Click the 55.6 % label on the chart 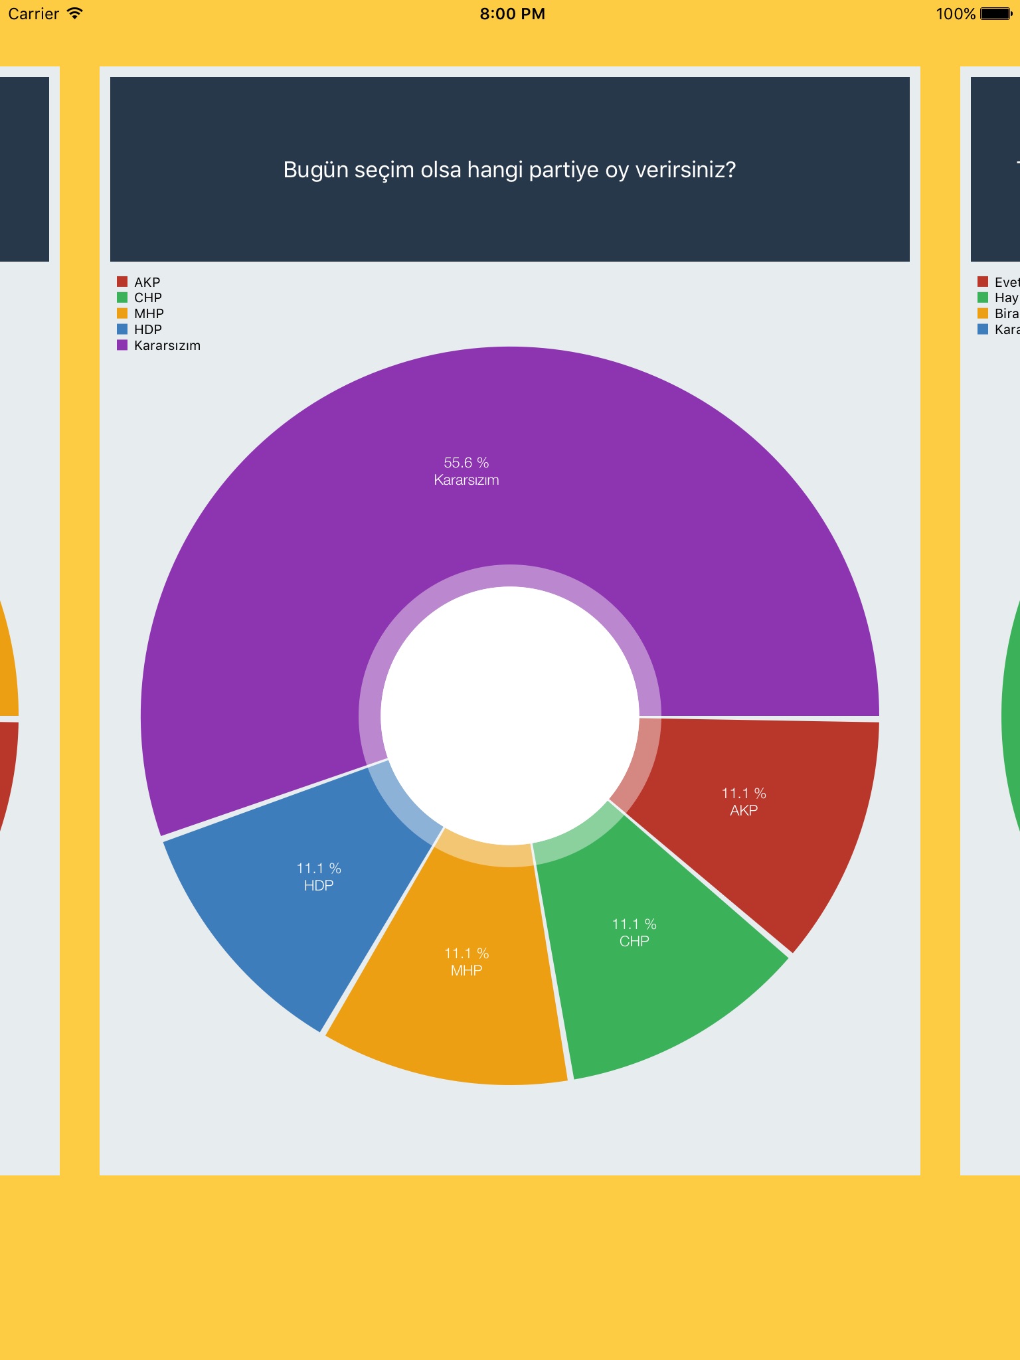(466, 463)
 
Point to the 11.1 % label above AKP (744, 794)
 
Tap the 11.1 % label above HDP (319, 869)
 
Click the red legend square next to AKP (122, 282)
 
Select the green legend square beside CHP (122, 297)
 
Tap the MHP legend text (149, 313)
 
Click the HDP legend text (148, 329)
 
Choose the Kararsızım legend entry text (167, 345)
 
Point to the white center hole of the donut (510, 716)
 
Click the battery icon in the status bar (995, 14)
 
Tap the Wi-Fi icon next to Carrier (75, 13)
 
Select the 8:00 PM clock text (512, 14)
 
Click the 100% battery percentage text (955, 14)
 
